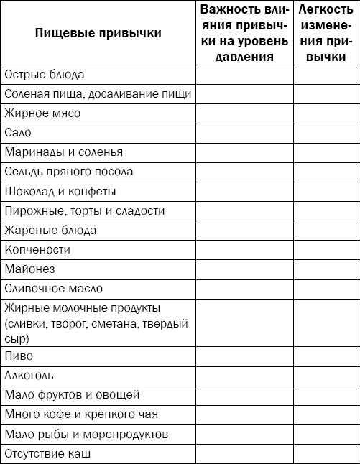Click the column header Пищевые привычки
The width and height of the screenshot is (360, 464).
(x=98, y=33)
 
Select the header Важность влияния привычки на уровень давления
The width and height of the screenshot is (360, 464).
(x=244, y=33)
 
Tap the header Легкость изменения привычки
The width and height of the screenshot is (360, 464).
(x=327, y=33)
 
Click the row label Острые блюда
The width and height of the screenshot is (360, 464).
(x=45, y=75)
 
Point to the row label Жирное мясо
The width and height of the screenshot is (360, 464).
(x=42, y=113)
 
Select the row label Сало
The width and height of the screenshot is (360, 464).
(x=18, y=133)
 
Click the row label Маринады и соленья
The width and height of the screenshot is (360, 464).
(x=63, y=152)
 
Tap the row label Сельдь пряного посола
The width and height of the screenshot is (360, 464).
(x=68, y=172)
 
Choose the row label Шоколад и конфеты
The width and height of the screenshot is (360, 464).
(x=60, y=192)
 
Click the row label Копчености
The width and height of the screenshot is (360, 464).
(x=37, y=250)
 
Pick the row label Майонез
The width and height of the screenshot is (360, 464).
(x=29, y=269)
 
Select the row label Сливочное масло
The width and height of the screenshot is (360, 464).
(x=53, y=289)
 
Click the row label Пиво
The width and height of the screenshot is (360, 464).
(x=19, y=356)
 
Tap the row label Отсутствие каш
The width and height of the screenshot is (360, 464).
(x=48, y=454)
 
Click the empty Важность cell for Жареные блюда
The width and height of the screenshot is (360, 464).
(x=244, y=231)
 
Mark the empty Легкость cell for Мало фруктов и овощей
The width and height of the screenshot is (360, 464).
(x=327, y=395)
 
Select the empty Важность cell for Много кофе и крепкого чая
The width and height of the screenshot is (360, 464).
(x=244, y=414)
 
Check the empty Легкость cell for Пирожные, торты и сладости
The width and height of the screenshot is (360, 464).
(x=327, y=211)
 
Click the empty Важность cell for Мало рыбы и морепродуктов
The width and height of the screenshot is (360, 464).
(x=244, y=435)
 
